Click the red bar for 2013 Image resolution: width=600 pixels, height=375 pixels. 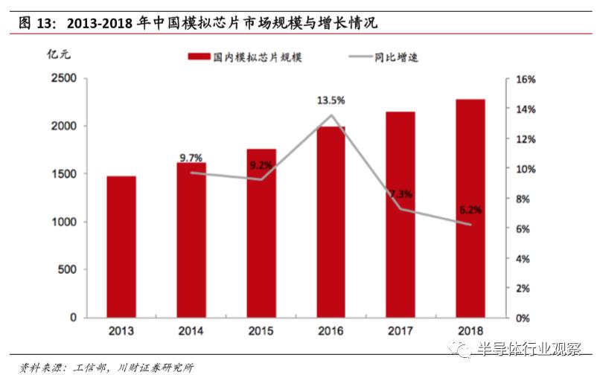(121, 246)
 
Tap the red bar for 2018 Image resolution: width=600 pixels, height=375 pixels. (470, 208)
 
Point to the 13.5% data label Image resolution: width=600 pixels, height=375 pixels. (331, 100)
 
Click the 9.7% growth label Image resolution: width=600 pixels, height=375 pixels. (191, 157)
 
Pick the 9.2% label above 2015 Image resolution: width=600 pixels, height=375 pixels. (261, 165)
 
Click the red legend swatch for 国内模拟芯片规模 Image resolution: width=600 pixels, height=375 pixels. (198, 57)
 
